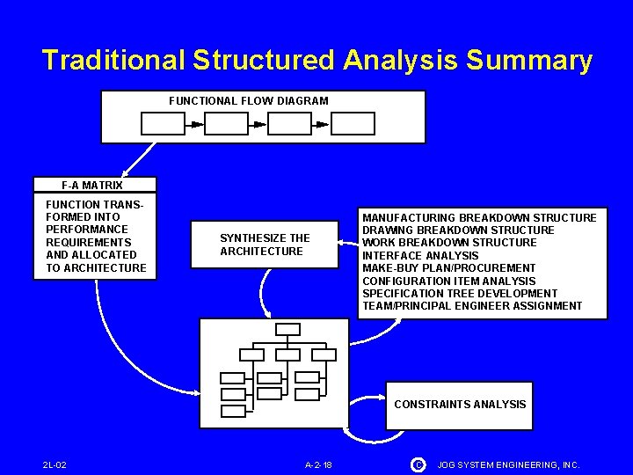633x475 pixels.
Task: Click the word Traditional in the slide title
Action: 113,60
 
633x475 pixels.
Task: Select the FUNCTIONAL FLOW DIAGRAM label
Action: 249,101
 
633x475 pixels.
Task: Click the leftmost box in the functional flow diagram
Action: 164,124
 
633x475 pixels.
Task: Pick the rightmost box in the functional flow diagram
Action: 353,124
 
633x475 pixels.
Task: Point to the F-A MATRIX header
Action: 92,186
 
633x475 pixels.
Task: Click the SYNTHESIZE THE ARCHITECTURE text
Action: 265,245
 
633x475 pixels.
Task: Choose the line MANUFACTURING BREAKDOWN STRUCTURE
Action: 479,218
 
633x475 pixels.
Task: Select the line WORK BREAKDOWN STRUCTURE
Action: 449,243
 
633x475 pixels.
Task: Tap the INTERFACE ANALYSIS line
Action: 420,256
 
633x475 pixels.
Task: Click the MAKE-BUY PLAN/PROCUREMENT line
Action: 448,268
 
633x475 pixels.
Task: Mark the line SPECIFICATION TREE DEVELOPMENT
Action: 460,294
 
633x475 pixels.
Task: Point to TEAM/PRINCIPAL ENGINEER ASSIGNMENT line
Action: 472,306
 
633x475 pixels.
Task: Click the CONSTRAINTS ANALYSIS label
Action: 460,405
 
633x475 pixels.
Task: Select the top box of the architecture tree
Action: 287,329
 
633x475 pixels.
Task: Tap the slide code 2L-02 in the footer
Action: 55,464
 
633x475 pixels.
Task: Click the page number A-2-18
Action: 317,464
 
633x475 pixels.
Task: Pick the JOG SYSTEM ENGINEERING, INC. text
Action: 508,464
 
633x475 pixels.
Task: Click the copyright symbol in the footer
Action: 418,464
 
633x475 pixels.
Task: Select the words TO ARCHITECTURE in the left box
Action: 96,267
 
